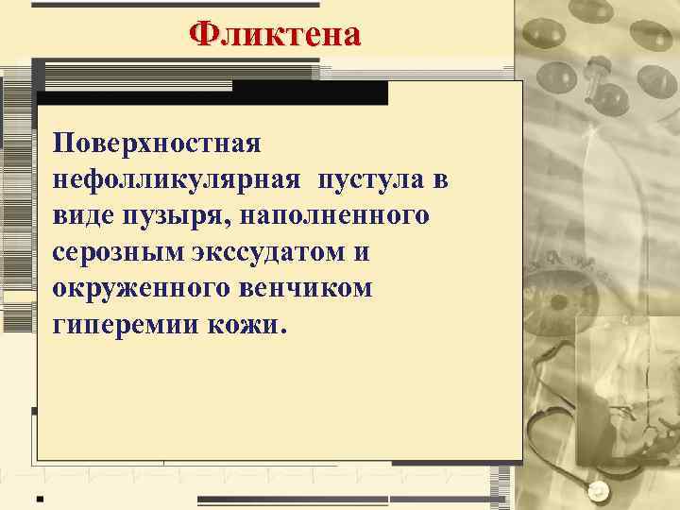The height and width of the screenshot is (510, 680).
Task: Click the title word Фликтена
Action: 274,34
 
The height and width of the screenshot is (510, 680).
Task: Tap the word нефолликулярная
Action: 178,179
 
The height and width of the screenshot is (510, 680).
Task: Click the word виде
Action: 84,215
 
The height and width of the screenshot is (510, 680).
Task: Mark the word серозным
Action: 113,252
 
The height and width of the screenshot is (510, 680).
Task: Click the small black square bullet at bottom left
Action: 39,498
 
